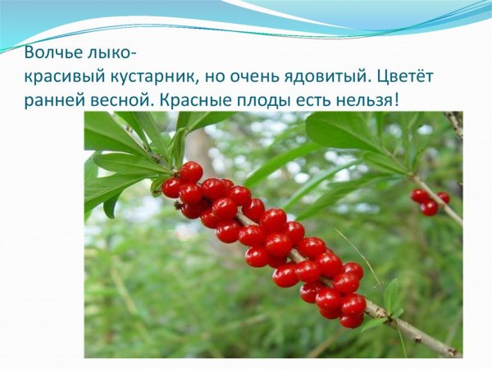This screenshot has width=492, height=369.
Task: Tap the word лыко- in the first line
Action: pyautogui.click(x=109, y=55)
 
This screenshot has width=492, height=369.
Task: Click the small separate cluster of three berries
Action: pyautogui.click(x=430, y=201)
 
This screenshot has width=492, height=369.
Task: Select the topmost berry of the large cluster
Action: pyautogui.click(x=191, y=171)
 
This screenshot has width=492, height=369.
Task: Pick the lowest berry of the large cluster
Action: pyautogui.click(x=352, y=321)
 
